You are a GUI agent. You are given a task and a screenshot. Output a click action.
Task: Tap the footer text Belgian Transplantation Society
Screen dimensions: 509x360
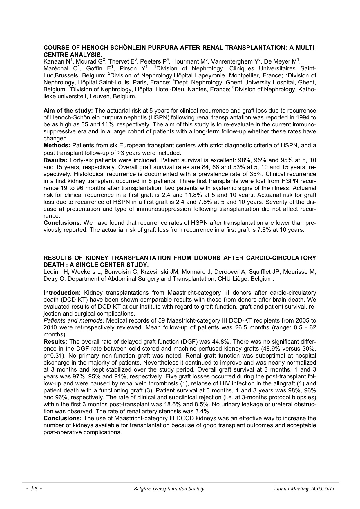pos(169,489)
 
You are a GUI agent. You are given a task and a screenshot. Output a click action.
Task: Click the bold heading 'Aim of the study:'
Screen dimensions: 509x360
pos(68,111)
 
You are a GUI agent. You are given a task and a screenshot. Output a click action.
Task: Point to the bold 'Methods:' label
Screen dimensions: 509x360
pos(57,146)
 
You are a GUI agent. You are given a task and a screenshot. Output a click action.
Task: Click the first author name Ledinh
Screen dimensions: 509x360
pos(52,272)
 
